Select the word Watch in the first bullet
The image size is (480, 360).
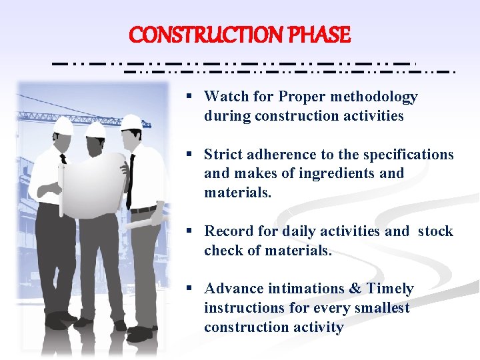pos(225,97)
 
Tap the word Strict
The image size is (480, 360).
pos(223,155)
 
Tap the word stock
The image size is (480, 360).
pos(435,231)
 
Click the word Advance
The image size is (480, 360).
pos(233,289)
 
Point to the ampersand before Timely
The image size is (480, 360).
pos(354,289)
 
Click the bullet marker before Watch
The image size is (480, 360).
pos(189,97)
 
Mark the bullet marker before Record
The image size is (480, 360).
pos(189,231)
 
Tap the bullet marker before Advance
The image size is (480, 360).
pos(189,289)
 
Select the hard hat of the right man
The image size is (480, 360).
pos(132,121)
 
